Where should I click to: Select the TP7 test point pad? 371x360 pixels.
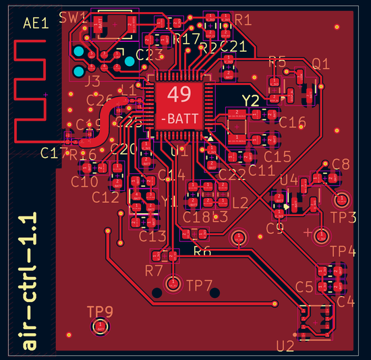point(174,284)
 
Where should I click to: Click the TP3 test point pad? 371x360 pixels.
point(341,200)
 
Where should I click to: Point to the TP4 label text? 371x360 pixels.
point(343,252)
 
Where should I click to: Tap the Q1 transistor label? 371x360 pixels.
point(320,64)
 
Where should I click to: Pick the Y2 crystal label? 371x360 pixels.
point(251,100)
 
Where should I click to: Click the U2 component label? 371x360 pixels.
point(285,347)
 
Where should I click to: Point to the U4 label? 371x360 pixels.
point(289,180)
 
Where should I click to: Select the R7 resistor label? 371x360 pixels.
point(154,271)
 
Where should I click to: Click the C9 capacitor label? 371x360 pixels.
point(275,229)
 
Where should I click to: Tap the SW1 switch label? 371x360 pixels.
point(72,17)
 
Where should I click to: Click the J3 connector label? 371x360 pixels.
point(92,82)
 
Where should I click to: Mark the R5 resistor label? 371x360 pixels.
point(277,61)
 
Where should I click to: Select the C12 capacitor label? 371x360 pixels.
point(105,197)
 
